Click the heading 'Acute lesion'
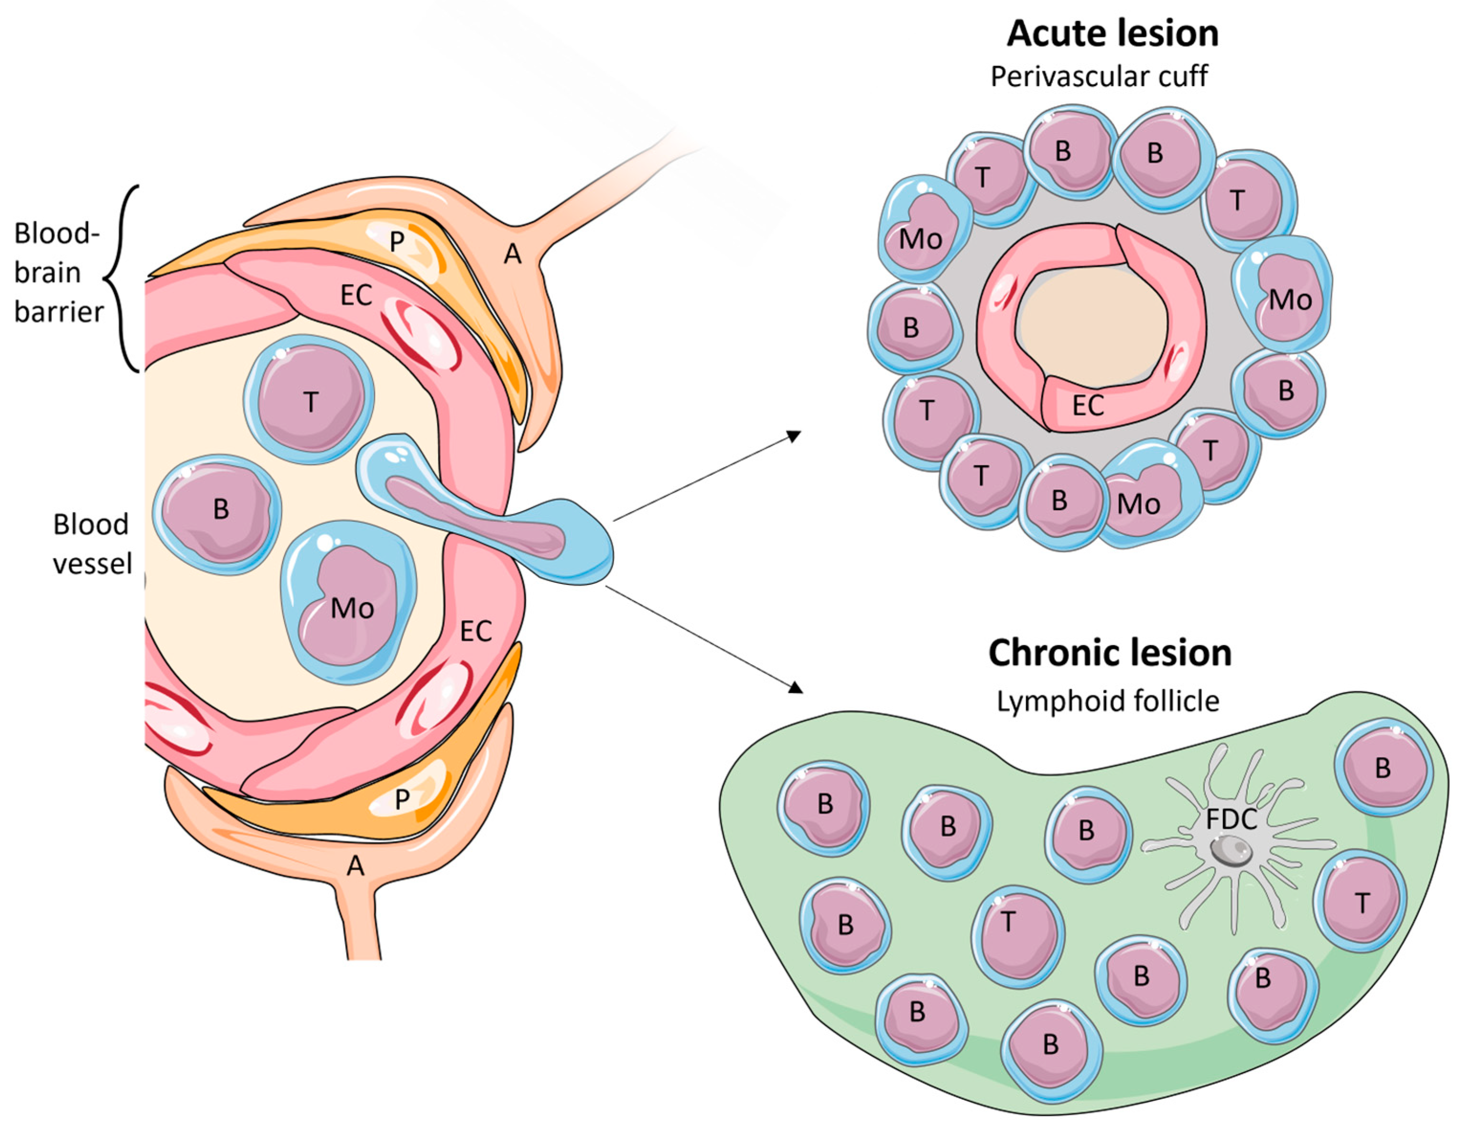coord(1113,33)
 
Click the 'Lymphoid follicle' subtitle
coord(1108,702)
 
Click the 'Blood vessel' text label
coord(92,544)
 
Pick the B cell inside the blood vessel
coord(218,514)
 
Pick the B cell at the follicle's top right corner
coord(1383,768)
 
